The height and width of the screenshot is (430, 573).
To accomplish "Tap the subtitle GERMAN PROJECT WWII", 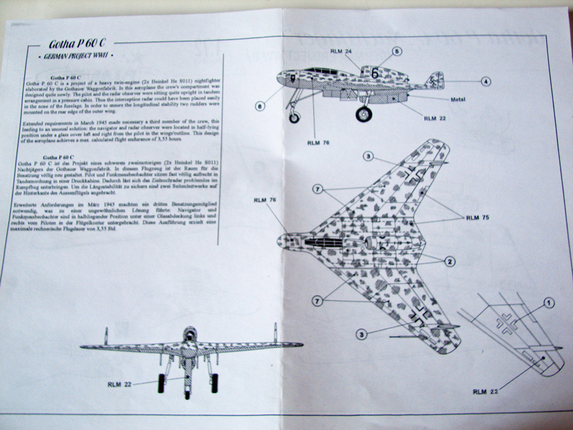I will (76, 57).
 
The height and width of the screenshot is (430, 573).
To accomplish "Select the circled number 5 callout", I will (397, 52).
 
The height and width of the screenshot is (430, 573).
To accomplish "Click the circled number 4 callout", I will (486, 82).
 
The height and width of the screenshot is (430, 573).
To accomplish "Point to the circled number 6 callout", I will (260, 106).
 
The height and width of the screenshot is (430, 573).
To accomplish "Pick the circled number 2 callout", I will (450, 261).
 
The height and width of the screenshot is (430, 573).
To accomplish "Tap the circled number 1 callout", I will (549, 303).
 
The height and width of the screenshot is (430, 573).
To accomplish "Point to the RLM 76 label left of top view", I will (264, 200).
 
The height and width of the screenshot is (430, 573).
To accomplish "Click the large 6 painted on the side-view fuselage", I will (375, 74).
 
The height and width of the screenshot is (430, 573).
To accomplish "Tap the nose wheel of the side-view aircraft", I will (294, 117).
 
